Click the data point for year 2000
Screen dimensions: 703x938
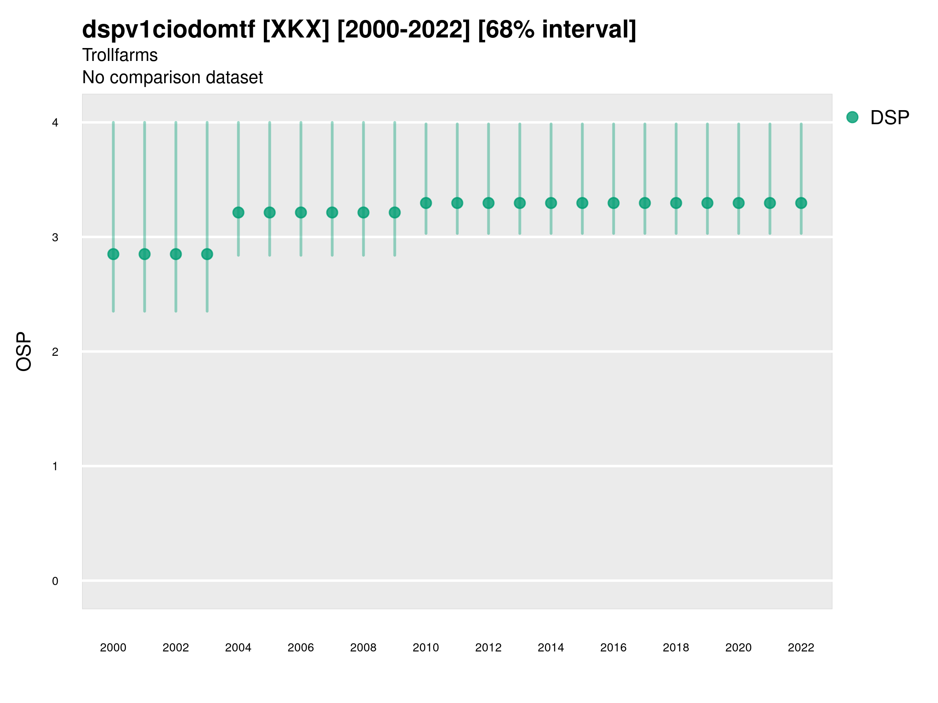coord(113,254)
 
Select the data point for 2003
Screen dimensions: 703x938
coord(207,254)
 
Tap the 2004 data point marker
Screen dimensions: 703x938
coord(238,212)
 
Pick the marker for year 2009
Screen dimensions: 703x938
coord(394,212)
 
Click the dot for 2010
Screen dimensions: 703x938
coord(426,203)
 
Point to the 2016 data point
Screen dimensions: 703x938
coord(613,203)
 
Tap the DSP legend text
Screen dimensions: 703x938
coord(889,118)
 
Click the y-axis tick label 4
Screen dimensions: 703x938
coord(55,123)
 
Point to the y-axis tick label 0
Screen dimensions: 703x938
coord(55,581)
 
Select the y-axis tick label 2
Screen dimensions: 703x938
coord(55,352)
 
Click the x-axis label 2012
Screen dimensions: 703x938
coord(488,648)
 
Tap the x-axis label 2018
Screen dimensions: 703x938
coord(675,648)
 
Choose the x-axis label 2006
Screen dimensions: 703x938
coord(301,648)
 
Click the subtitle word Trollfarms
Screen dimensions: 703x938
coord(120,55)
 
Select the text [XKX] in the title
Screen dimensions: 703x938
coord(295,30)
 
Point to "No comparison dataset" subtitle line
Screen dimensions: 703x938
coord(172,78)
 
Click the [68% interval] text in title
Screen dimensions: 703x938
coord(557,30)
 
